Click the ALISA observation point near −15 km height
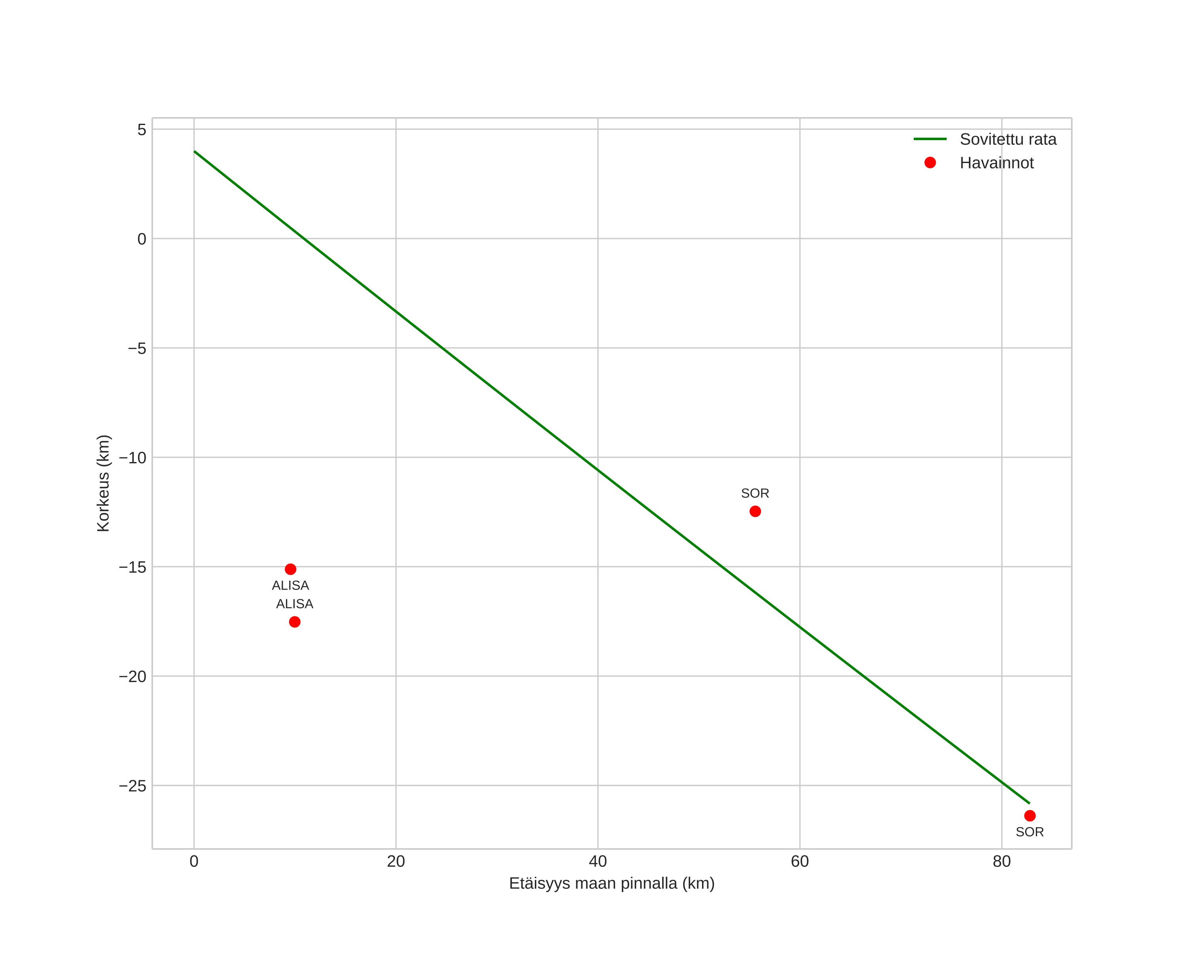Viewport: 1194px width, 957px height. (x=290, y=569)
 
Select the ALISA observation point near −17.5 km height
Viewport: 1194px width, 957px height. (x=295, y=622)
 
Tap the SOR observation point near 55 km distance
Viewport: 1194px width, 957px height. (x=755, y=511)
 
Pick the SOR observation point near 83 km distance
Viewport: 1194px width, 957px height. (x=1029, y=816)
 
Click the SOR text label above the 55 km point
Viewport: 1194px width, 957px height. (x=755, y=493)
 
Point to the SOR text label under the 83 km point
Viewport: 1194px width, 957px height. (x=1029, y=832)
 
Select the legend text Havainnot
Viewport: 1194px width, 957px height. (x=996, y=163)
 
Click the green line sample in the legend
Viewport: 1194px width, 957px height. (x=930, y=139)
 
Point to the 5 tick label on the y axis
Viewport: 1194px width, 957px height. (x=142, y=130)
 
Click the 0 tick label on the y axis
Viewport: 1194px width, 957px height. (x=142, y=239)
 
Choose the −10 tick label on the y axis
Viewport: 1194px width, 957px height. (x=133, y=458)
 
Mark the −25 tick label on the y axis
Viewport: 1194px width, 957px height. (x=133, y=786)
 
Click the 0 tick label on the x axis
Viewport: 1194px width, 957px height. (x=194, y=862)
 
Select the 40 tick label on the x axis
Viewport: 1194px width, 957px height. (x=598, y=862)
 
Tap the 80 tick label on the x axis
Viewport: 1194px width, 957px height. (x=1001, y=862)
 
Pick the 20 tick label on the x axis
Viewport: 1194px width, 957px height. (x=396, y=862)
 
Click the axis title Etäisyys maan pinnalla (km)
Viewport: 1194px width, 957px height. (x=611, y=883)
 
